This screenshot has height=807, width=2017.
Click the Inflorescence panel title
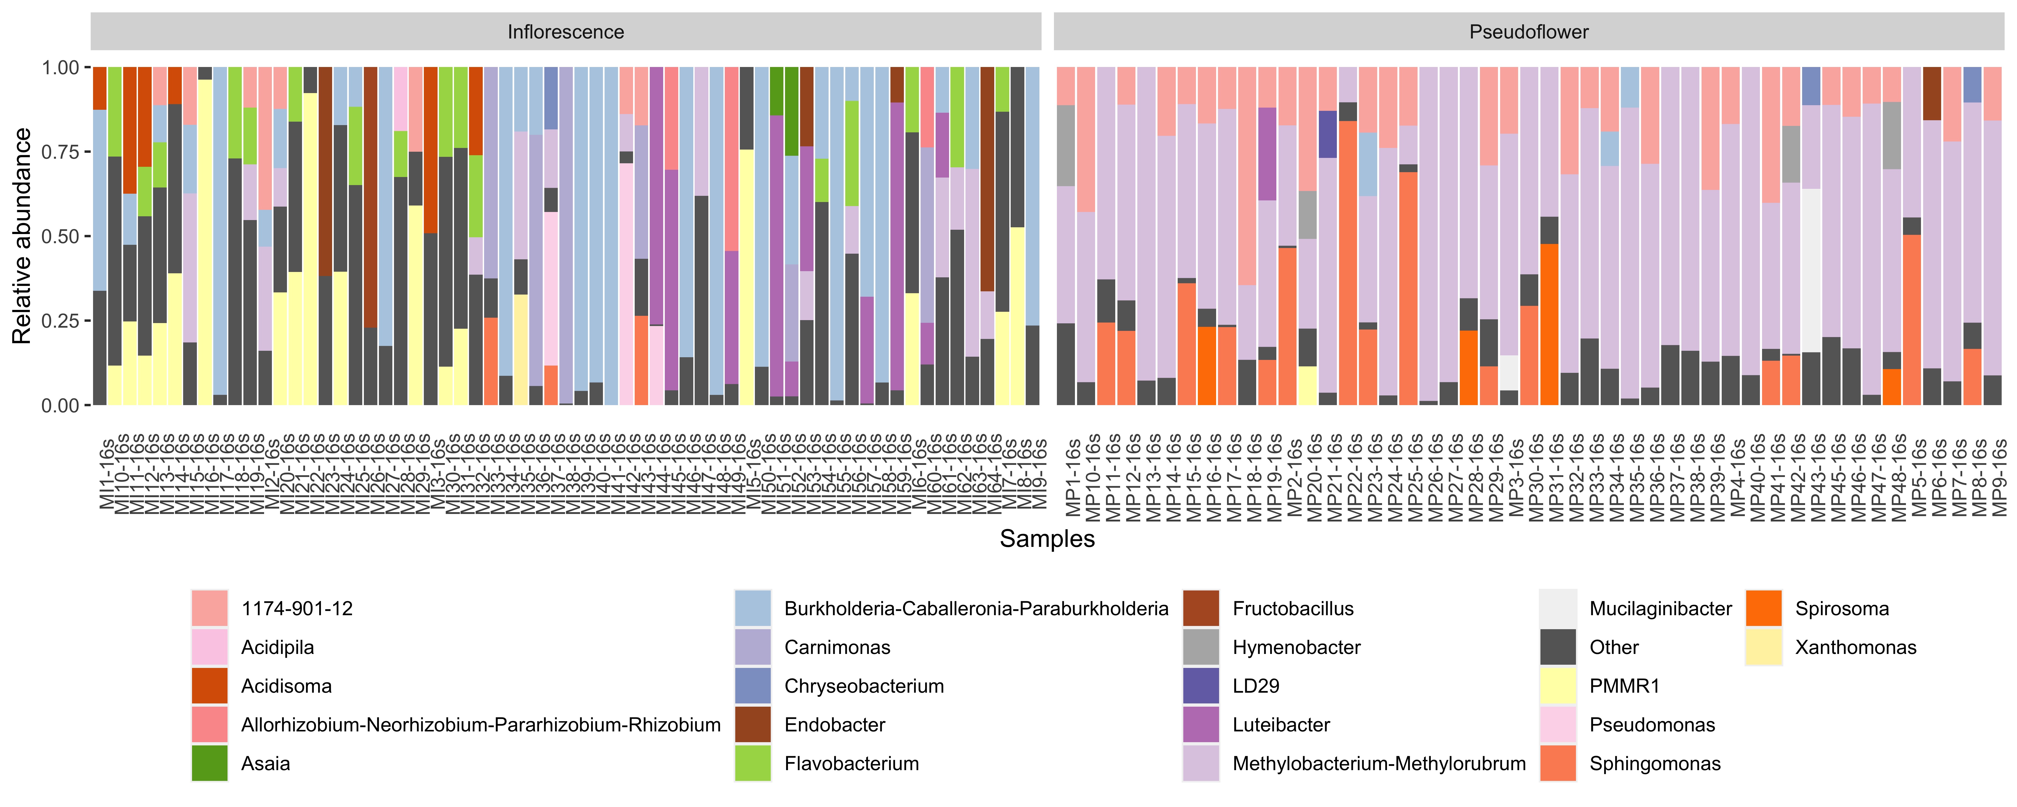565,32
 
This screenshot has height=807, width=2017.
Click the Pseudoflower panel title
1528,32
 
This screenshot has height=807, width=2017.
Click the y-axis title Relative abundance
22,236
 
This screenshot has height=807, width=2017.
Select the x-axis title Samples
1047,539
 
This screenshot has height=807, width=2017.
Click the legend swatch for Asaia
209,763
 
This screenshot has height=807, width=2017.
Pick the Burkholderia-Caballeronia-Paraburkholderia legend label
976,609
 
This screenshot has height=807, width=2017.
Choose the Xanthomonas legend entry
1855,647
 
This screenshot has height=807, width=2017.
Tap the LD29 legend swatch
1200,686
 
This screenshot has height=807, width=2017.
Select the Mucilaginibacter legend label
1660,609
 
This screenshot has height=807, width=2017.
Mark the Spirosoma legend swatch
1763,609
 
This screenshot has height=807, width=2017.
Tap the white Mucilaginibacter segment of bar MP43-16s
1811,270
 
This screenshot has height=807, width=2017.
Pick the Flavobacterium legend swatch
752,763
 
